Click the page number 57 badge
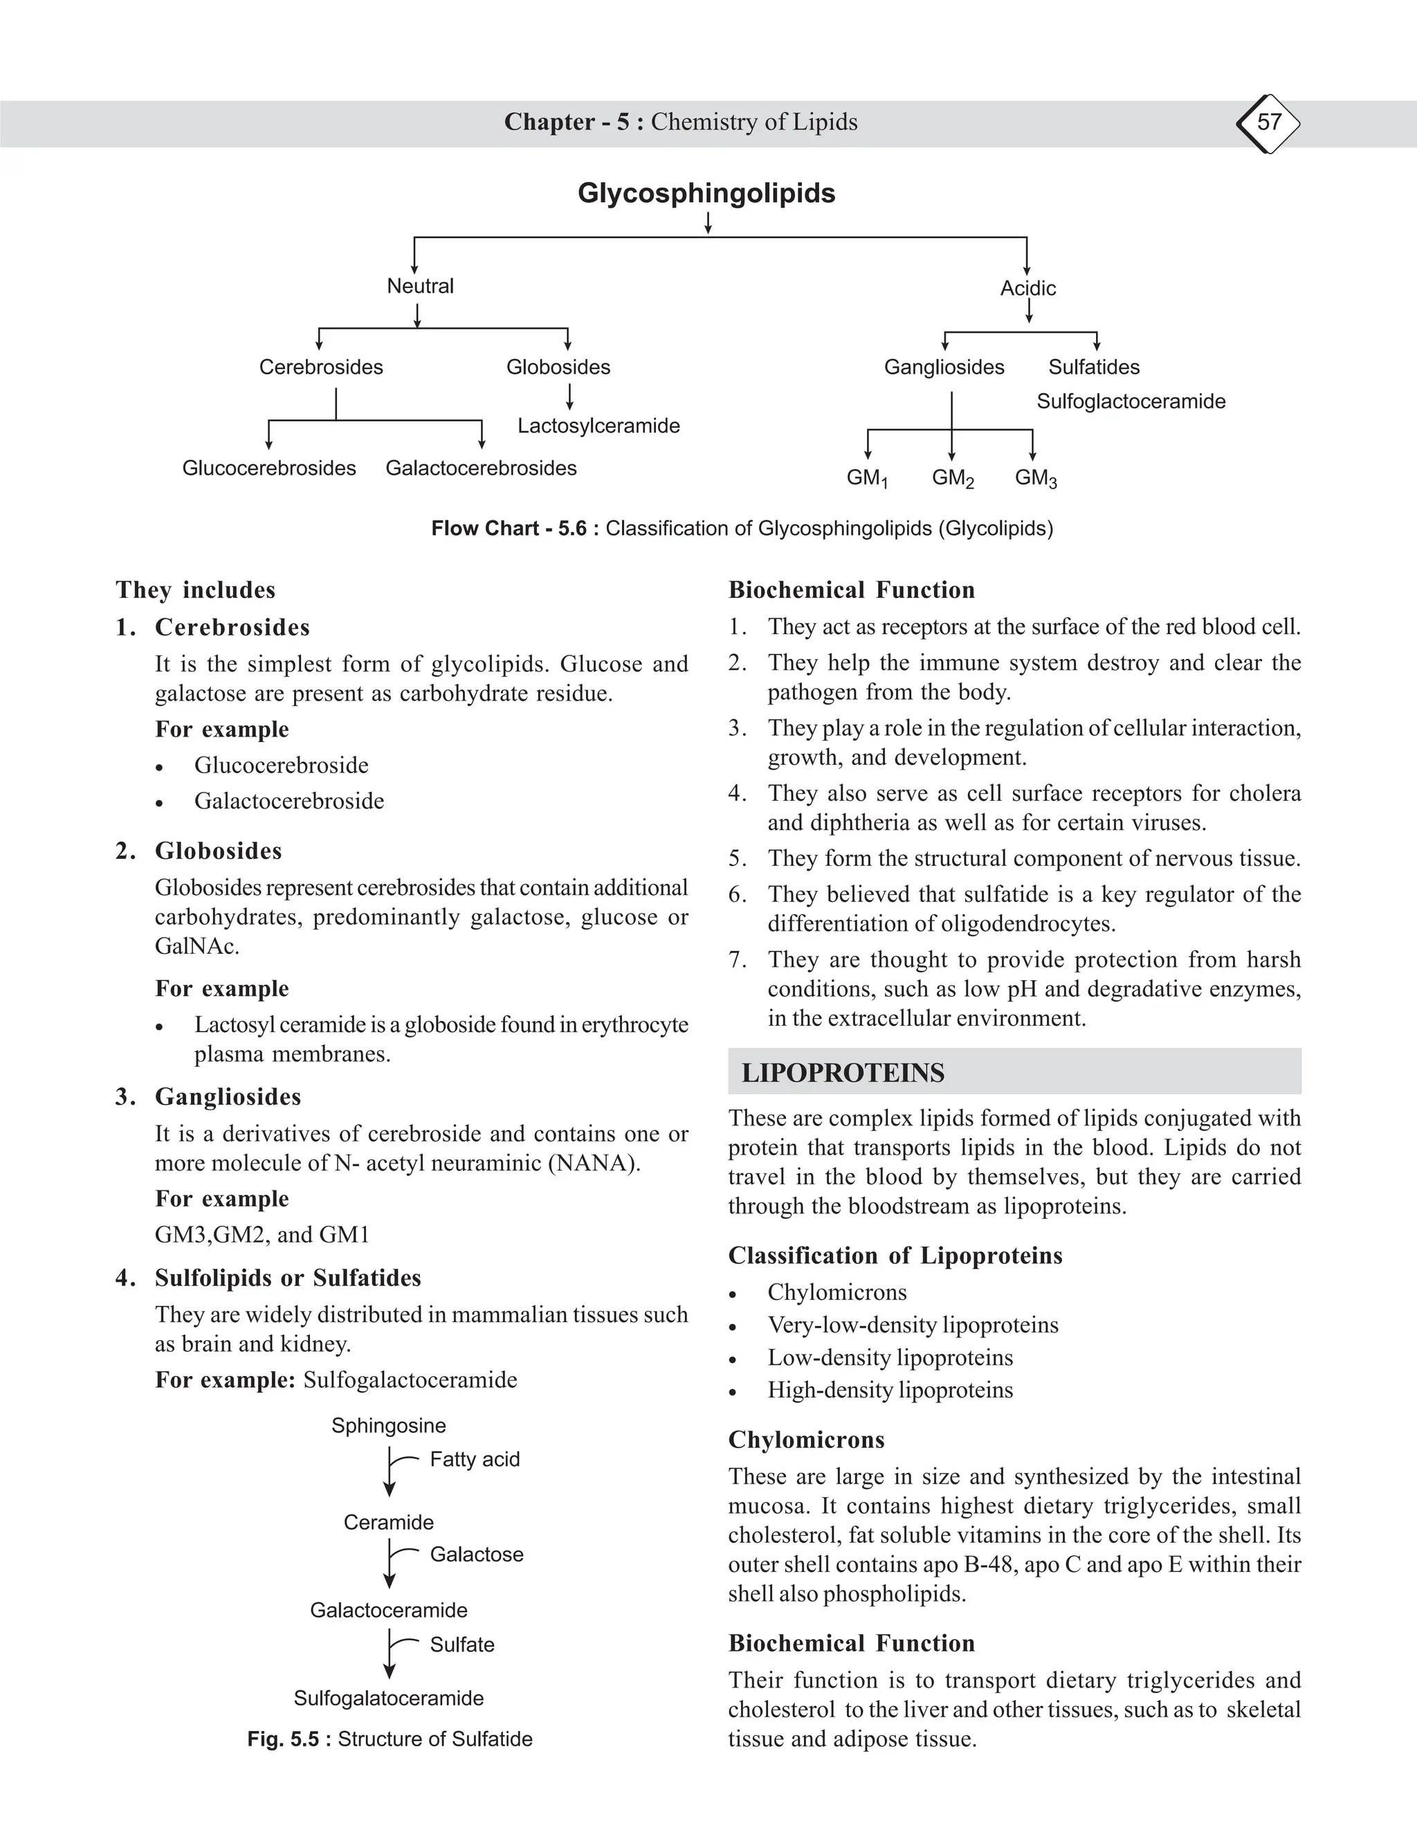pos(1268,123)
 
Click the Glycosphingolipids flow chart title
pos(706,193)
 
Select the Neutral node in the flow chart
pos(420,286)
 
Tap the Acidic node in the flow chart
pos(1027,289)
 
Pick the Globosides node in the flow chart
pos(558,367)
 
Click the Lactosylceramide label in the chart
pos(598,426)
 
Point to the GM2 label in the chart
pos(952,478)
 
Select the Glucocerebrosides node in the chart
pos(269,469)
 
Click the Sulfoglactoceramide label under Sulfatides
pos(1131,401)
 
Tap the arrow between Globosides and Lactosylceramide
pos(569,397)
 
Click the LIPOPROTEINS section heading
pos(843,1073)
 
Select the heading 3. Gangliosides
pos(227,1097)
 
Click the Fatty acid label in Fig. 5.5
pos(474,1460)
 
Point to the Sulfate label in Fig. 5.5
pos(461,1645)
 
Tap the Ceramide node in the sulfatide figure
pos(388,1523)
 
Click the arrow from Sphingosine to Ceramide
pos(389,1472)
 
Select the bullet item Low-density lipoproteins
pos(889,1357)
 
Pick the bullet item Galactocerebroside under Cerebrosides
pos(289,801)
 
